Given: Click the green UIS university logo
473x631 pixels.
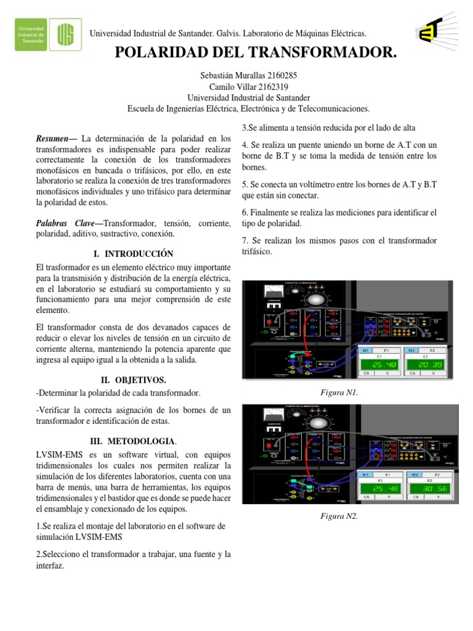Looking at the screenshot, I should (x=67, y=32).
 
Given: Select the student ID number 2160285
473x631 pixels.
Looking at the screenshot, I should (x=277, y=76).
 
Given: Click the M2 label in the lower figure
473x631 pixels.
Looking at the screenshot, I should (x=411, y=475).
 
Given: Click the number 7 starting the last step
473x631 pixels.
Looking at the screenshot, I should (x=245, y=240).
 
